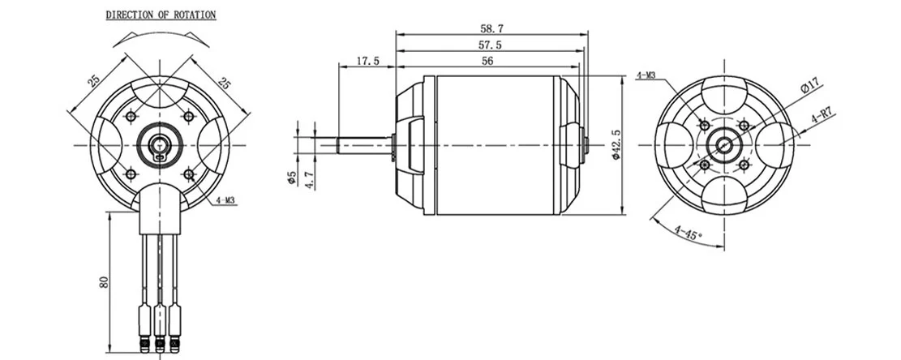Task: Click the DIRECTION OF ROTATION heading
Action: click(161, 15)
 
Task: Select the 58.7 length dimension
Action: click(491, 28)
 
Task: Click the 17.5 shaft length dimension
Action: click(367, 60)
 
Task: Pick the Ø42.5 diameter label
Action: click(616, 145)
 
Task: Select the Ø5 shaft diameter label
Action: click(291, 178)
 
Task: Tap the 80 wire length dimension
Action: click(104, 282)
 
